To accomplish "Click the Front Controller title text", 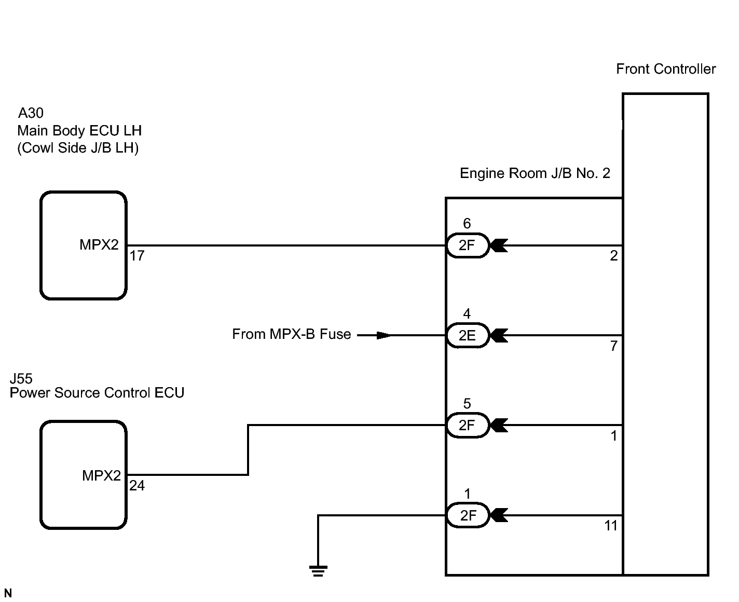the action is [x=665, y=69].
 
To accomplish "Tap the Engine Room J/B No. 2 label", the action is [x=535, y=173].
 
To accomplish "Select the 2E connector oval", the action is [x=468, y=335].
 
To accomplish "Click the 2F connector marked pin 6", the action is [x=468, y=245].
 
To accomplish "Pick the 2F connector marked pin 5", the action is [x=468, y=425].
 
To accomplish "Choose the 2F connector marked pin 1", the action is [x=468, y=515].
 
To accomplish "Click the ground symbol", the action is [x=318, y=571].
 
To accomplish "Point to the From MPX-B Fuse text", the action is [x=292, y=334].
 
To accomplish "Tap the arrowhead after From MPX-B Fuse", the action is [x=384, y=335].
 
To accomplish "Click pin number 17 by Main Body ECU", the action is [x=136, y=256].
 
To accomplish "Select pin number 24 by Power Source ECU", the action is [x=137, y=485].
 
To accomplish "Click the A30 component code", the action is [x=31, y=113].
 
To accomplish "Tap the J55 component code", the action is [x=21, y=379].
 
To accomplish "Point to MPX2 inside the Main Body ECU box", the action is [x=99, y=245].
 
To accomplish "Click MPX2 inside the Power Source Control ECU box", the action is [x=101, y=475].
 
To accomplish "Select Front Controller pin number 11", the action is [x=611, y=526].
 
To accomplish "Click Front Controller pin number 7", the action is [x=614, y=346].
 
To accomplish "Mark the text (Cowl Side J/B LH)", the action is [x=78, y=148].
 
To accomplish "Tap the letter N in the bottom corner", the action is [x=8, y=593].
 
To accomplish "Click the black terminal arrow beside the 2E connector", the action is [x=500, y=335].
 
